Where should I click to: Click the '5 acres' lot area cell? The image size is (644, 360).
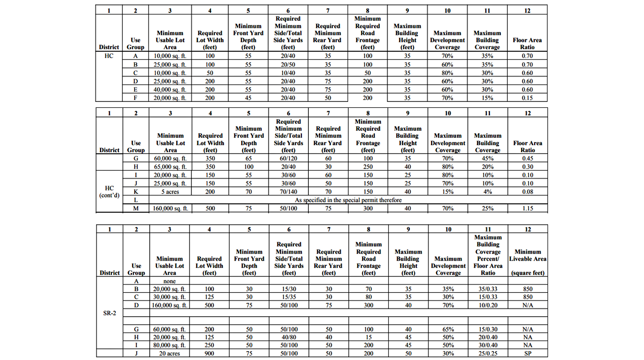point(170,191)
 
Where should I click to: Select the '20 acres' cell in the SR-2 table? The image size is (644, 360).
point(170,354)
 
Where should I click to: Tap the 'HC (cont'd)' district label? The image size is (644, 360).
point(109,191)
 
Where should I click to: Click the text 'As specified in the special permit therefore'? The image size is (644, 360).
point(349,200)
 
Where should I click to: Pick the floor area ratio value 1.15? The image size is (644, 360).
point(528,209)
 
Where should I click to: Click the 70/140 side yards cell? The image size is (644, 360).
point(288,191)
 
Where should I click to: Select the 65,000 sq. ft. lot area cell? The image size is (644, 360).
point(170,167)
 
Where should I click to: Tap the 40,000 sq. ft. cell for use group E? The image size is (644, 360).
point(170,90)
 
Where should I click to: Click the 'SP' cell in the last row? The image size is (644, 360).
point(528,354)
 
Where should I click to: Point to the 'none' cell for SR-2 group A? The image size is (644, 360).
point(170,281)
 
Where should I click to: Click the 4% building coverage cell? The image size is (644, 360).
point(487,191)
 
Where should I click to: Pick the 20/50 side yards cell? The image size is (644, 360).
point(288,65)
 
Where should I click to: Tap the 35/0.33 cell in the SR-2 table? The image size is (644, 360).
point(487,289)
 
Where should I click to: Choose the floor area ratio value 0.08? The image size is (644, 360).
point(528,191)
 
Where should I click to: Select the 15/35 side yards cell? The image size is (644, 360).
point(288,297)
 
